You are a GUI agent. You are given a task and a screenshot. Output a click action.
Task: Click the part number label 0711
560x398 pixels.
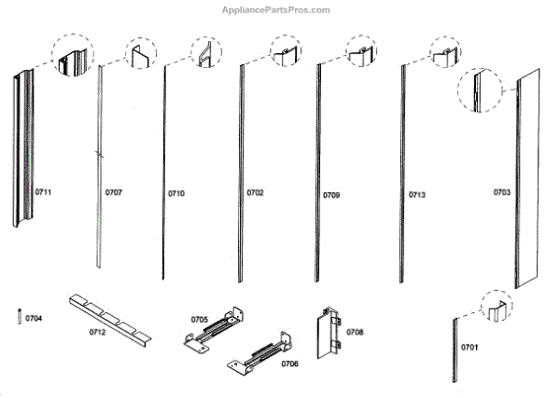43,192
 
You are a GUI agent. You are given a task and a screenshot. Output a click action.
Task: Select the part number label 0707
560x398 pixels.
114,193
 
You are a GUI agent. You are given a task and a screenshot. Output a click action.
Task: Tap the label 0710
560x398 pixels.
176,193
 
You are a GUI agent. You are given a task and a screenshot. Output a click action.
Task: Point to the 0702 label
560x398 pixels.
255,193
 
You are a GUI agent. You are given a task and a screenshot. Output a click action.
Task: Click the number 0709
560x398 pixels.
331,195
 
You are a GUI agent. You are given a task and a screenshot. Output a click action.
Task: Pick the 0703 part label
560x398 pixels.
502,193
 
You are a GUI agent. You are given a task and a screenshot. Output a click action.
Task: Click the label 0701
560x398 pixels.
469,347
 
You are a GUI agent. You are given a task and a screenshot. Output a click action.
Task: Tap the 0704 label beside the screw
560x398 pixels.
34,318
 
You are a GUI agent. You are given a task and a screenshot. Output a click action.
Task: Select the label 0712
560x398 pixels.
97,331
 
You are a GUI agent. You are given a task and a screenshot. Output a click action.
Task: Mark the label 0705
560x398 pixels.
200,319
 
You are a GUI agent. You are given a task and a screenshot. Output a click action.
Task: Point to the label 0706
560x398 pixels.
289,363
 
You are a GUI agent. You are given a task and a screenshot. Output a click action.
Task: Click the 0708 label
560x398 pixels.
355,331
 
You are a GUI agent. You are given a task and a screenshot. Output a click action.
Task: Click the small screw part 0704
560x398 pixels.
19,317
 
